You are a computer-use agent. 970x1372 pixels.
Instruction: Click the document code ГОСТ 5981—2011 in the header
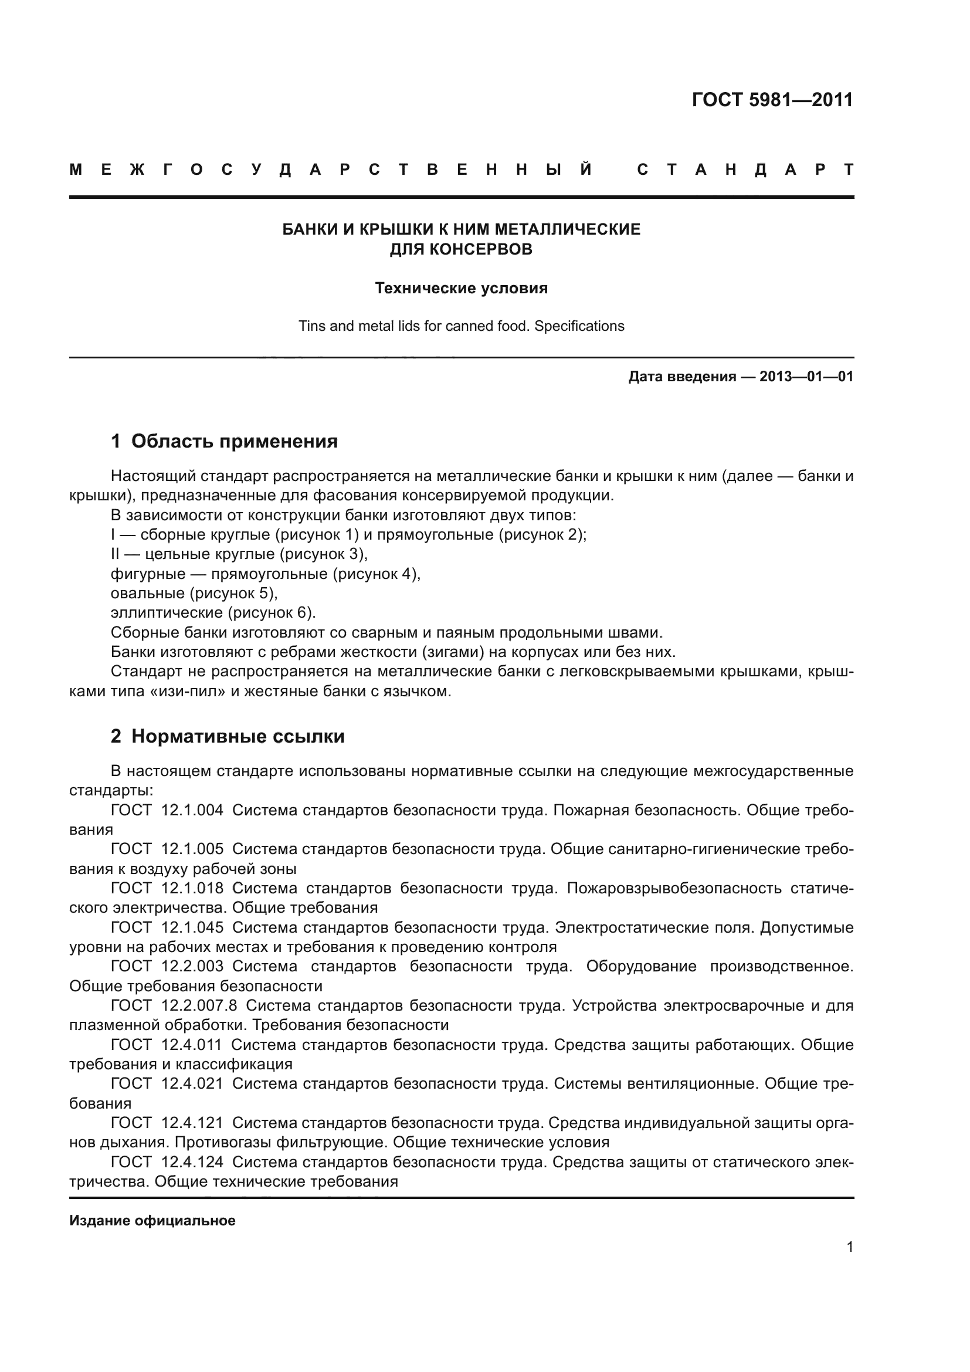tap(772, 99)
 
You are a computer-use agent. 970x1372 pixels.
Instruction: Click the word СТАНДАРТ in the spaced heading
tap(745, 170)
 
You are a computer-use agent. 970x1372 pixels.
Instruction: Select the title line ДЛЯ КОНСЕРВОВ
tap(460, 249)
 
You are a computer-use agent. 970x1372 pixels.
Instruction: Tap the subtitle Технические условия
tap(460, 289)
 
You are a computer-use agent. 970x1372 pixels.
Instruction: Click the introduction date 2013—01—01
tap(806, 377)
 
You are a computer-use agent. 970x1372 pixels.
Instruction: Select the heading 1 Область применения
tap(224, 442)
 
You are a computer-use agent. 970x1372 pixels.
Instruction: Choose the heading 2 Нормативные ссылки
tap(228, 737)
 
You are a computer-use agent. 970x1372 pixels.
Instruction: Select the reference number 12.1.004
tap(192, 810)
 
